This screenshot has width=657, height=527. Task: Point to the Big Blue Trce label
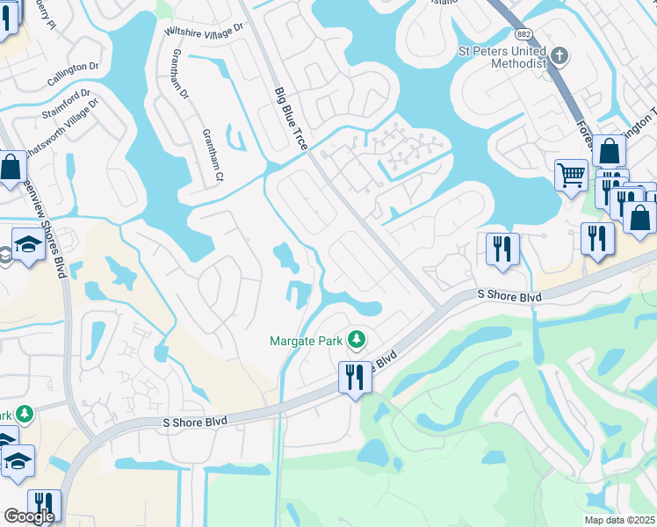[290, 119]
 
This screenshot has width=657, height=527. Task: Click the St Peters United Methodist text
[502, 57]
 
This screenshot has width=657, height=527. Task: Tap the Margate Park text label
[308, 339]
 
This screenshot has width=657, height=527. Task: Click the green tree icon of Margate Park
[356, 338]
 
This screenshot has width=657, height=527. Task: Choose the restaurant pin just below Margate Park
[354, 377]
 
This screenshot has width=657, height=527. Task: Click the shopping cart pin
[571, 175]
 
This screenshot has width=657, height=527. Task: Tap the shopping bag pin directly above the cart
[609, 150]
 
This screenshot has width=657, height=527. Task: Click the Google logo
[29, 516]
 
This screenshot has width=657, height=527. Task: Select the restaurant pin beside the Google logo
[44, 504]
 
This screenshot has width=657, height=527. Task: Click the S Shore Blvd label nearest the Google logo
[195, 422]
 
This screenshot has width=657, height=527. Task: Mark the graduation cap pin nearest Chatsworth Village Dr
[29, 243]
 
